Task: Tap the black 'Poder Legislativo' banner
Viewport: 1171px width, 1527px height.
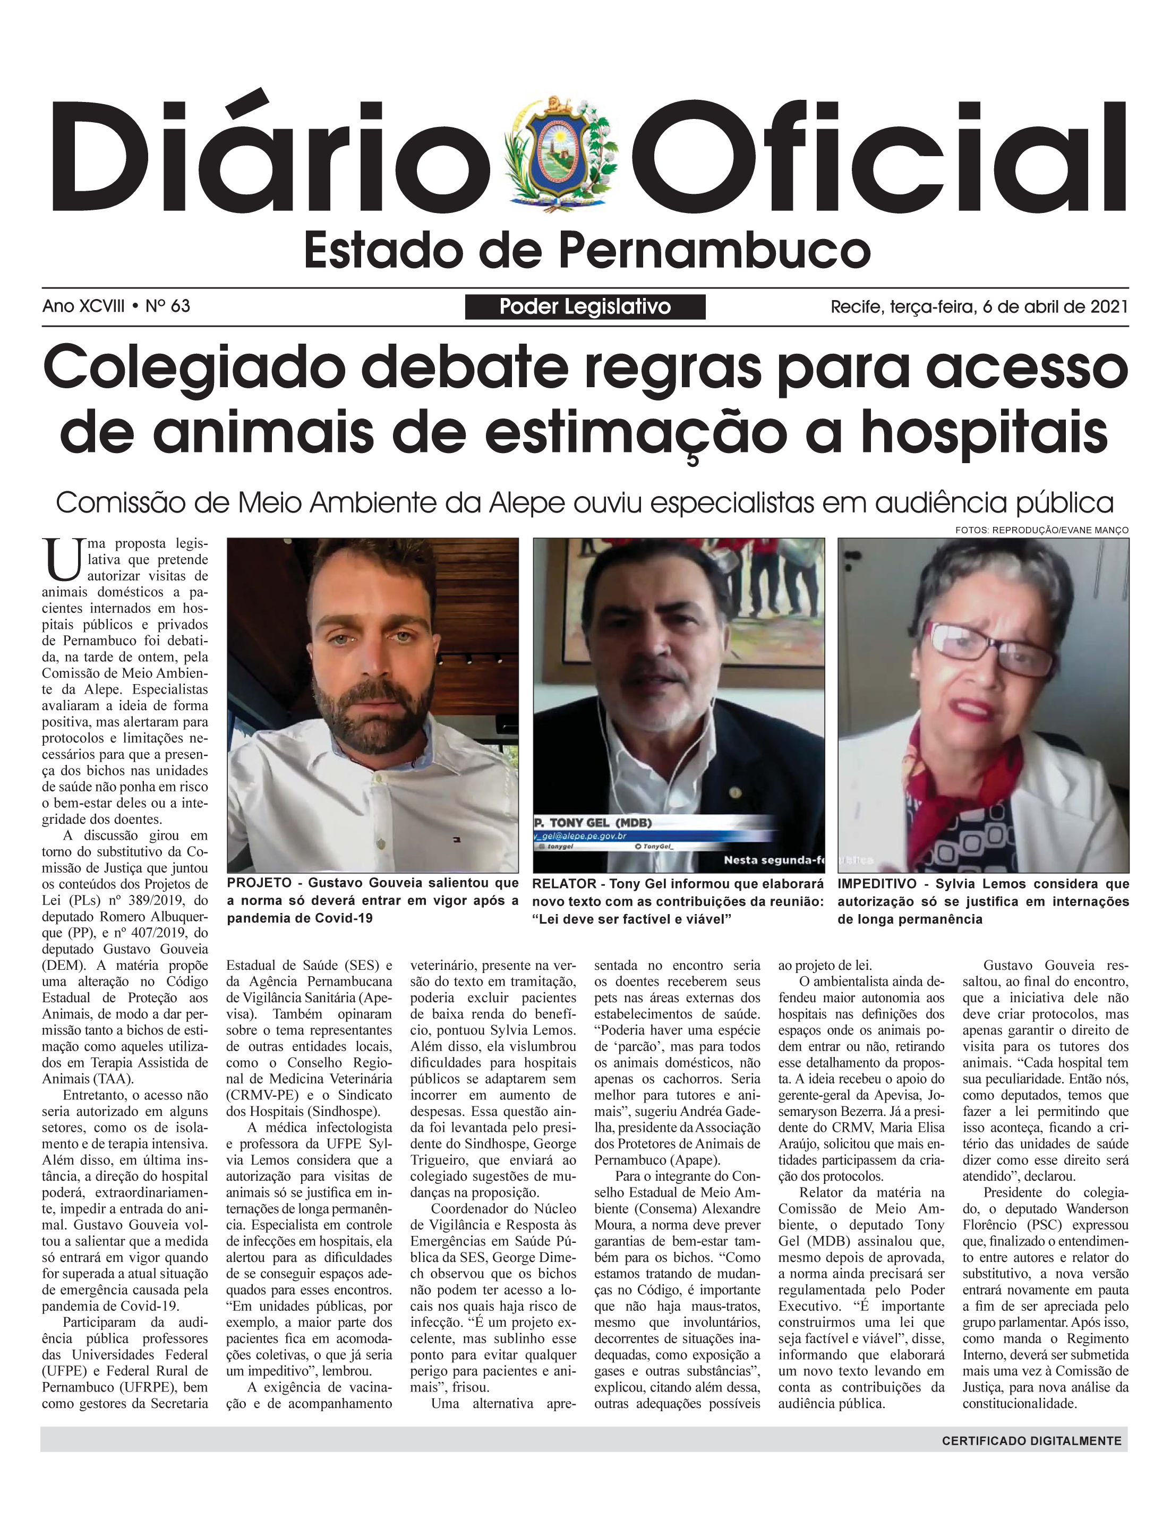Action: pyautogui.click(x=585, y=306)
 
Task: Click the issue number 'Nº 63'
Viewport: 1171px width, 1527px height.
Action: pyautogui.click(x=167, y=306)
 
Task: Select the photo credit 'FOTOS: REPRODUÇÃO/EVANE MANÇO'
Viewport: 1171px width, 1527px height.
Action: pyautogui.click(x=1041, y=531)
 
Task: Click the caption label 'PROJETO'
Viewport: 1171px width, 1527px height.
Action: pyautogui.click(x=259, y=883)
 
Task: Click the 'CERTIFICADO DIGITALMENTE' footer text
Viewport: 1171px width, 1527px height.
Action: pyautogui.click(x=1031, y=1440)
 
